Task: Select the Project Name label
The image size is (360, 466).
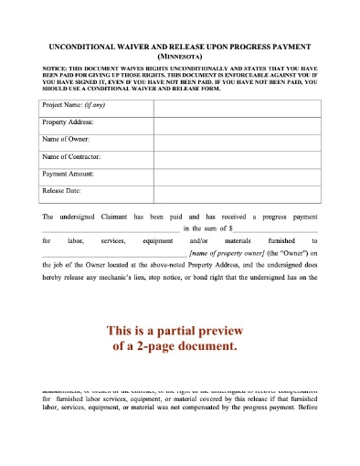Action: point(74,106)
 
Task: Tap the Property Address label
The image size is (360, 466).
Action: point(69,122)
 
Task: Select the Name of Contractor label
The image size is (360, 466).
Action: point(72,156)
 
